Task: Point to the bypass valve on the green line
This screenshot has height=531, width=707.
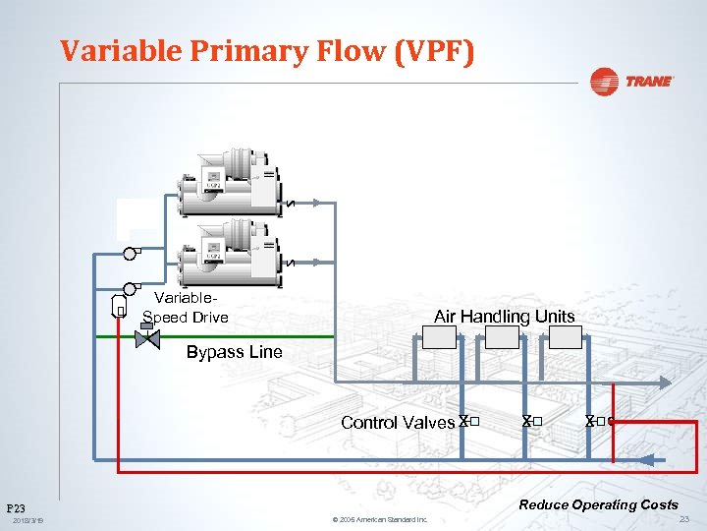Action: pyautogui.click(x=147, y=337)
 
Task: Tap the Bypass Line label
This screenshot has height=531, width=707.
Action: pyautogui.click(x=234, y=352)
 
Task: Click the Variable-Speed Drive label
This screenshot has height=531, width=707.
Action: pyautogui.click(x=186, y=308)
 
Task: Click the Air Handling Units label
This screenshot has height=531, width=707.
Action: pyautogui.click(x=504, y=317)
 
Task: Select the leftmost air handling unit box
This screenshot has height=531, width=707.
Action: pyautogui.click(x=439, y=337)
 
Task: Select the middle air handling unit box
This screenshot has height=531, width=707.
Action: pyautogui.click(x=502, y=337)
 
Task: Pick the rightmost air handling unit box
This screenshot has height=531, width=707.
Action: pyautogui.click(x=565, y=337)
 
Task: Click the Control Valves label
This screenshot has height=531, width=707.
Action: pyautogui.click(x=397, y=423)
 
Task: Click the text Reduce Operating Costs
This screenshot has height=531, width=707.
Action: pyautogui.click(x=598, y=504)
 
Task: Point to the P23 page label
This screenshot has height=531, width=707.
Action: pyautogui.click(x=17, y=509)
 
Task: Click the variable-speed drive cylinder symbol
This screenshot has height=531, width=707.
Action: pyautogui.click(x=119, y=308)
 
